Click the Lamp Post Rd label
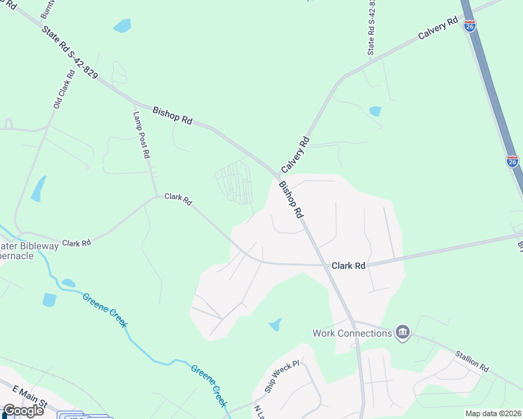142,135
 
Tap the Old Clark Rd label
64,89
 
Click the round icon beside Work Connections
402,332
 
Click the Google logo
23,410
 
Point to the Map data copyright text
492,413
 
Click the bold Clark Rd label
348,266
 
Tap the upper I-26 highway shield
470,26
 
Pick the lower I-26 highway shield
513,161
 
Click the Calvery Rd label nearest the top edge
438,30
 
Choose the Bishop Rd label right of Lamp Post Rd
172,115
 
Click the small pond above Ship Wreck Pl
275,325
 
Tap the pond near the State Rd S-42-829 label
122,26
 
